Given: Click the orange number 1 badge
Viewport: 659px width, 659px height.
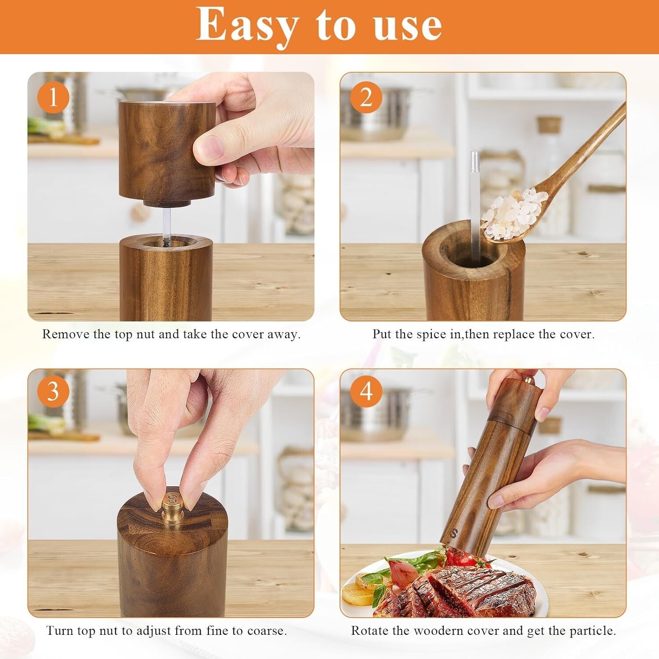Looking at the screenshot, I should point(53,97).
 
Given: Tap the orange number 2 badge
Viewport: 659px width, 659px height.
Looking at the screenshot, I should point(366,97).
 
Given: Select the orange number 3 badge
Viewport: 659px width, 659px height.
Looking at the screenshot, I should point(53,391).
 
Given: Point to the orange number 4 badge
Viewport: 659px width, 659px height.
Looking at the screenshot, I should point(366,391).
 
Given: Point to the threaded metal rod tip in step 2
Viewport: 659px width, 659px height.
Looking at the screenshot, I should point(474,160).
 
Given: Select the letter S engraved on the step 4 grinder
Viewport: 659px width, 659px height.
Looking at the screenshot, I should point(454,533).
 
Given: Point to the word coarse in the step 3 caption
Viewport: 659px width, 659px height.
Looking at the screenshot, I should point(266,631).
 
